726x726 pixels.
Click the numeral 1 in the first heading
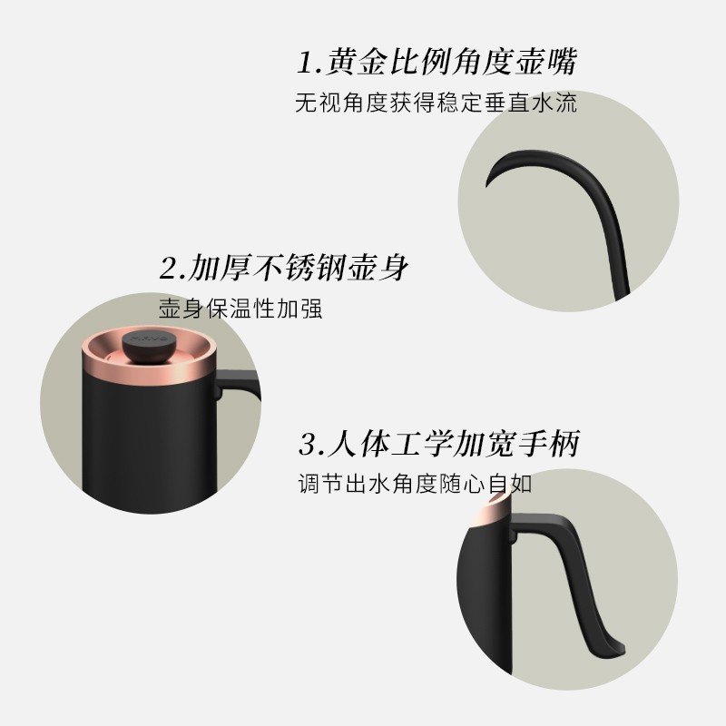(306, 64)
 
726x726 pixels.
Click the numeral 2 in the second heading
(169, 270)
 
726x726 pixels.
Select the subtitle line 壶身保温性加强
(240, 309)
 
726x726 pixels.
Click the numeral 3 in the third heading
(307, 445)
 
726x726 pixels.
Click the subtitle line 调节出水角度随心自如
(415, 484)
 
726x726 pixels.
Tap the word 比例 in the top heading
(426, 64)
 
